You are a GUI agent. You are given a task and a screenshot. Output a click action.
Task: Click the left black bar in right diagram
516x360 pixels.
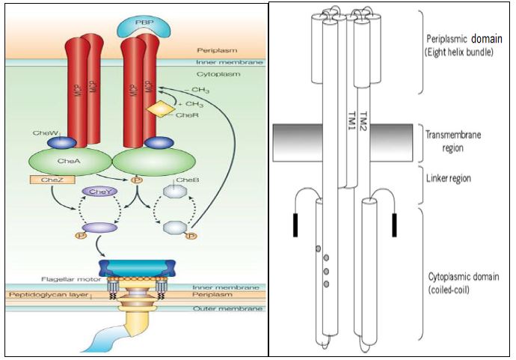pos(296,225)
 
